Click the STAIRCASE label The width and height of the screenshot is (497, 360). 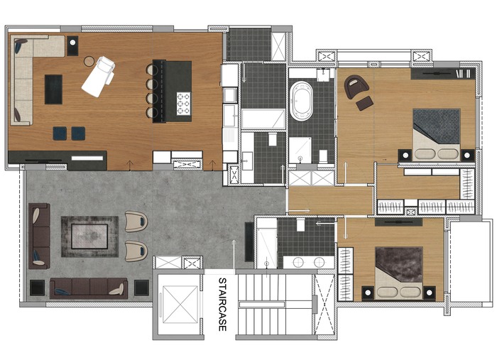pyautogui.click(x=222, y=304)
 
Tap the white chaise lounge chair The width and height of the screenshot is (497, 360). pyautogui.click(x=99, y=77)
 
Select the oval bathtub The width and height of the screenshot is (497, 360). pyautogui.click(x=301, y=101)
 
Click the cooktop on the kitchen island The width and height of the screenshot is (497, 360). pyautogui.click(x=183, y=103)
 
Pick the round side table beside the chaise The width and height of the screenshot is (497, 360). pyautogui.click(x=89, y=61)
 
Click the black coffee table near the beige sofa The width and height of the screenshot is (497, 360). pyautogui.click(x=53, y=89)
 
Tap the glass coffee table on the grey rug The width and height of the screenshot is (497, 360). pyautogui.click(x=89, y=236)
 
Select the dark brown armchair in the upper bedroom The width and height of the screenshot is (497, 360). pyautogui.click(x=356, y=87)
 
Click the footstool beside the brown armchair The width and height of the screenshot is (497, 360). pyautogui.click(x=364, y=103)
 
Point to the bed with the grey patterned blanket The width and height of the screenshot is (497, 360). pyautogui.click(x=437, y=134)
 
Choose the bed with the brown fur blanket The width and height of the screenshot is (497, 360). pyautogui.click(x=399, y=273)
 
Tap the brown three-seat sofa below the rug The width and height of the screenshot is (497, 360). pyautogui.click(x=89, y=288)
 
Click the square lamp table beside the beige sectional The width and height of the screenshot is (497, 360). pyautogui.click(x=72, y=45)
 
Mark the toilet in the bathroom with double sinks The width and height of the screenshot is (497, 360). pyautogui.click(x=300, y=224)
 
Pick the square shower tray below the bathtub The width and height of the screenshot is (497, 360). pyautogui.click(x=300, y=150)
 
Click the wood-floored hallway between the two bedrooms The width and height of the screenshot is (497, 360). pyautogui.click(x=331, y=200)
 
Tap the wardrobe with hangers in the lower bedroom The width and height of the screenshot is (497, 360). pyautogui.click(x=346, y=274)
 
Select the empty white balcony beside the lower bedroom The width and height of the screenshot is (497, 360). pyautogui.click(x=471, y=261)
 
